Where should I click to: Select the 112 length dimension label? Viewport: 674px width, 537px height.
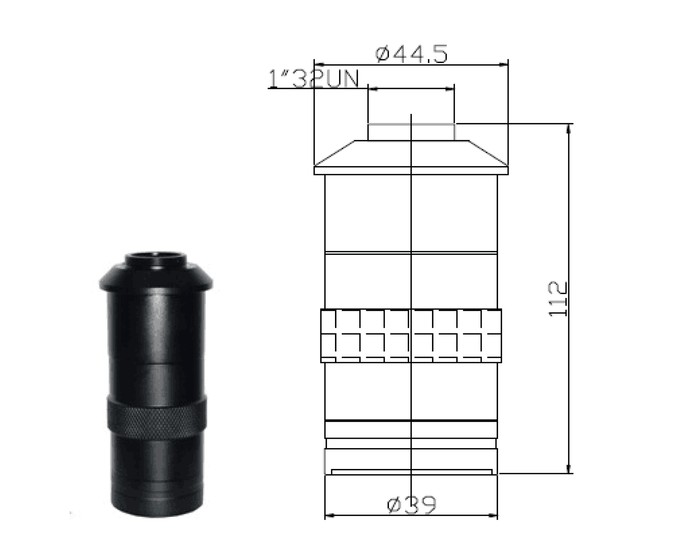(x=558, y=299)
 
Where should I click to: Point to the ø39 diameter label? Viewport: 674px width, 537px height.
(x=412, y=504)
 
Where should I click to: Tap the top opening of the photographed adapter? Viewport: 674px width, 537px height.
(x=156, y=256)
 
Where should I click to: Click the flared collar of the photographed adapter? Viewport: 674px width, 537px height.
(x=156, y=277)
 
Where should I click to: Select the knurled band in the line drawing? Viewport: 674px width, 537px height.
(x=411, y=336)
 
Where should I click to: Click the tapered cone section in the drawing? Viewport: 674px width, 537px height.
(x=411, y=153)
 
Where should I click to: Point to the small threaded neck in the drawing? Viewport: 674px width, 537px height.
(x=411, y=132)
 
